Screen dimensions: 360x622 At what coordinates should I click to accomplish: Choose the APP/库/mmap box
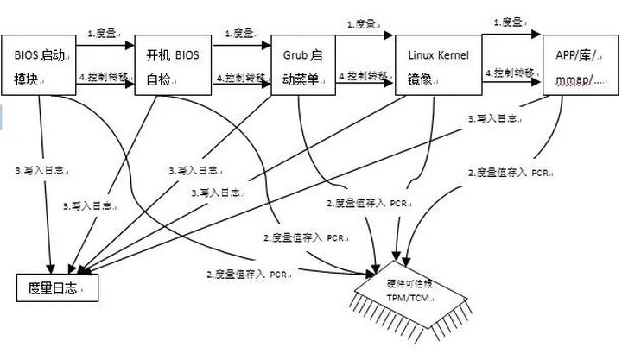[x=579, y=65]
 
